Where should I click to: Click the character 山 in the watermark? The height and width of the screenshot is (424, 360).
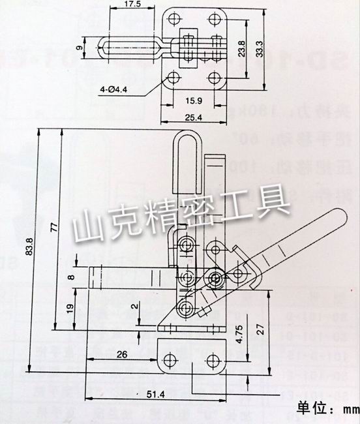point(86,226)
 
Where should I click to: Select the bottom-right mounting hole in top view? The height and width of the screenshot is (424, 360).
point(216,79)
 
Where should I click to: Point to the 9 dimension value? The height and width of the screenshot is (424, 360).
point(78,48)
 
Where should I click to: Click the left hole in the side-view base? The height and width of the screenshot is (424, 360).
point(172,359)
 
